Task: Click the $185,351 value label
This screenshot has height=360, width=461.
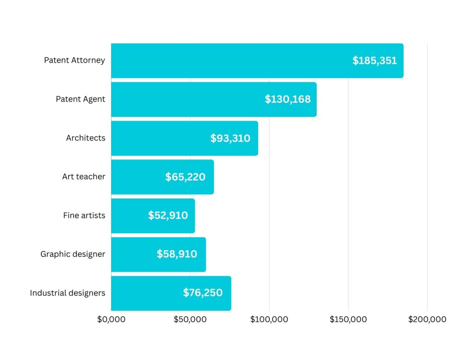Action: [375, 61]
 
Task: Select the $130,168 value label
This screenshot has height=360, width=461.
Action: [287, 99]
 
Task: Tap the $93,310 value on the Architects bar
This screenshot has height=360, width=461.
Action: [230, 138]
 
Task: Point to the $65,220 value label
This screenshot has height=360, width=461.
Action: [185, 177]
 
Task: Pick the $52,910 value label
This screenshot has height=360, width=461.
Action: [168, 216]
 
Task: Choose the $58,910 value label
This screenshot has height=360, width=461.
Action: [177, 254]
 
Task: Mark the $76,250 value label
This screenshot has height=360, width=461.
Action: [203, 293]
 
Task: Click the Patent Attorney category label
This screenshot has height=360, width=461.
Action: [74, 60]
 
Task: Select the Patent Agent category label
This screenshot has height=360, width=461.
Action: [81, 99]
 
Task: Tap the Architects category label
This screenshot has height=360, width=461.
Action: [85, 138]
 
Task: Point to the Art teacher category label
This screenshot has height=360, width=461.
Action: [84, 177]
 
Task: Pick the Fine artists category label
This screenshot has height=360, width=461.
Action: [84, 216]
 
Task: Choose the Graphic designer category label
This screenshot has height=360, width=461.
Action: [73, 254]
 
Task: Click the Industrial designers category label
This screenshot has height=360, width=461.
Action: [68, 293]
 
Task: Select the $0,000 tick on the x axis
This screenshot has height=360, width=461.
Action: [111, 320]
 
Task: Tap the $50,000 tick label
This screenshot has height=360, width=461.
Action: [190, 320]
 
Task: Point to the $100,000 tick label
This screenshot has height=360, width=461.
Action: [269, 320]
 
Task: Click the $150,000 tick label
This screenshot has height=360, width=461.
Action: [348, 320]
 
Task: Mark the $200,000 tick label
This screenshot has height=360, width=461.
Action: [427, 320]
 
